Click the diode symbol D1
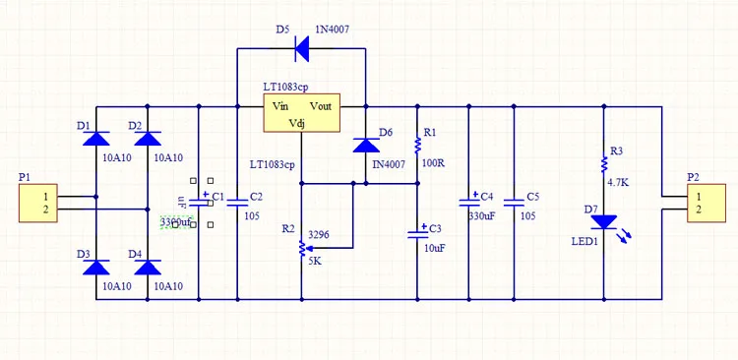pyautogui.click(x=95, y=139)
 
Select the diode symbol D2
pyautogui.click(x=148, y=139)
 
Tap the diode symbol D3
pyautogui.click(x=95, y=267)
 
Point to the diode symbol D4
pyautogui.click(x=148, y=267)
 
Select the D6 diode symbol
pyautogui.click(x=366, y=145)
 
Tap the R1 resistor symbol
pyautogui.click(x=417, y=146)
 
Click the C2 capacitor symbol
pyautogui.click(x=237, y=203)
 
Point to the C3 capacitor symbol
pyautogui.click(x=417, y=233)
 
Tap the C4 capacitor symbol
pyautogui.click(x=468, y=202)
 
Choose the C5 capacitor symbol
pyautogui.click(x=513, y=202)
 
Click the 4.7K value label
pyautogui.click(x=619, y=183)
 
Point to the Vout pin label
pyautogui.click(x=325, y=106)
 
